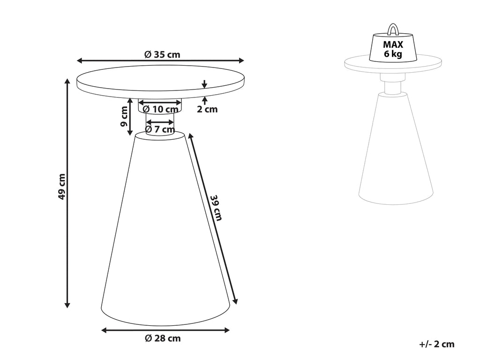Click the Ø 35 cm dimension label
click(x=162, y=55)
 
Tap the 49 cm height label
click(x=62, y=187)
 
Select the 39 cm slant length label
click(x=216, y=208)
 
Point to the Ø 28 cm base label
click(x=163, y=338)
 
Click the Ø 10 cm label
click(x=160, y=109)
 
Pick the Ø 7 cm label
click(x=160, y=129)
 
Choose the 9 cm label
click(x=124, y=116)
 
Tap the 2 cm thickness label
click(x=207, y=109)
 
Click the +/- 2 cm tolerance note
click(x=437, y=344)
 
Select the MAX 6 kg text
click(x=393, y=49)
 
